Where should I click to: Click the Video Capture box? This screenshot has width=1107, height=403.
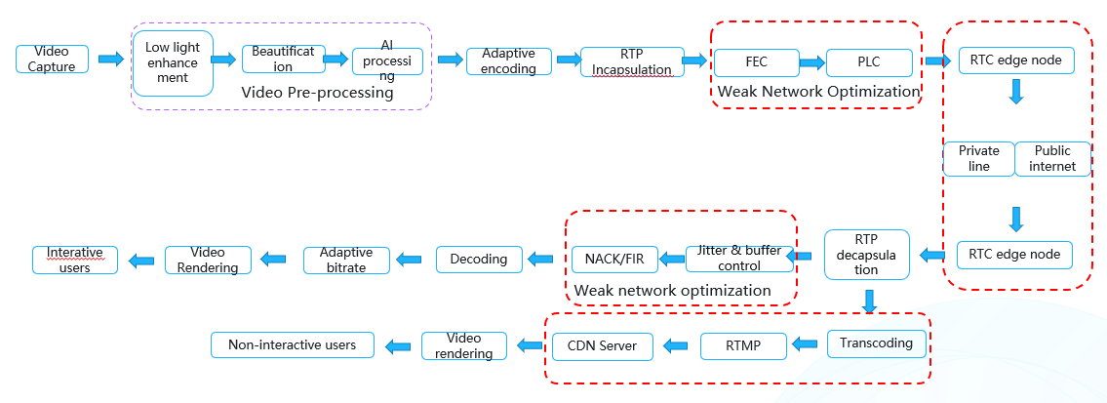[x=52, y=59]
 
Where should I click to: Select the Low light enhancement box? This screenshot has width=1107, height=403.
[x=173, y=62]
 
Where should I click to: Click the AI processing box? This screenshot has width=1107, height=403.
[x=387, y=61]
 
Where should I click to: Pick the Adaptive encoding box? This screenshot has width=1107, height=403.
[x=508, y=60]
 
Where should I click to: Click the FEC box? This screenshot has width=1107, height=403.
[x=755, y=62]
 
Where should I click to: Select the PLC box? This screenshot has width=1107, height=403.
[x=868, y=62]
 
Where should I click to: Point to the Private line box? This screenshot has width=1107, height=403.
[x=978, y=159]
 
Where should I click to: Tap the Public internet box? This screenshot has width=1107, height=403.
[x=1052, y=159]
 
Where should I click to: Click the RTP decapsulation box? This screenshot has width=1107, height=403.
[x=866, y=255]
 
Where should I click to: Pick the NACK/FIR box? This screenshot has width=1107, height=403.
[x=613, y=259]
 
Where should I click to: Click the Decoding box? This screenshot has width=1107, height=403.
[x=478, y=259]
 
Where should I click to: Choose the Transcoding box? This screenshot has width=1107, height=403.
[x=876, y=343]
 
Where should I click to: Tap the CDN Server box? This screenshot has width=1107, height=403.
[x=602, y=345]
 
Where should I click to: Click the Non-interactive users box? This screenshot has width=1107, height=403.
[x=293, y=344]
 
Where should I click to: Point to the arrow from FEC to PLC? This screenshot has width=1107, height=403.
[x=811, y=62]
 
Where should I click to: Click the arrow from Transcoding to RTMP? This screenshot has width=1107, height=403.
[x=805, y=343]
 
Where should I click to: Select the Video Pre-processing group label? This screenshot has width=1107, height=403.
[x=317, y=94]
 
